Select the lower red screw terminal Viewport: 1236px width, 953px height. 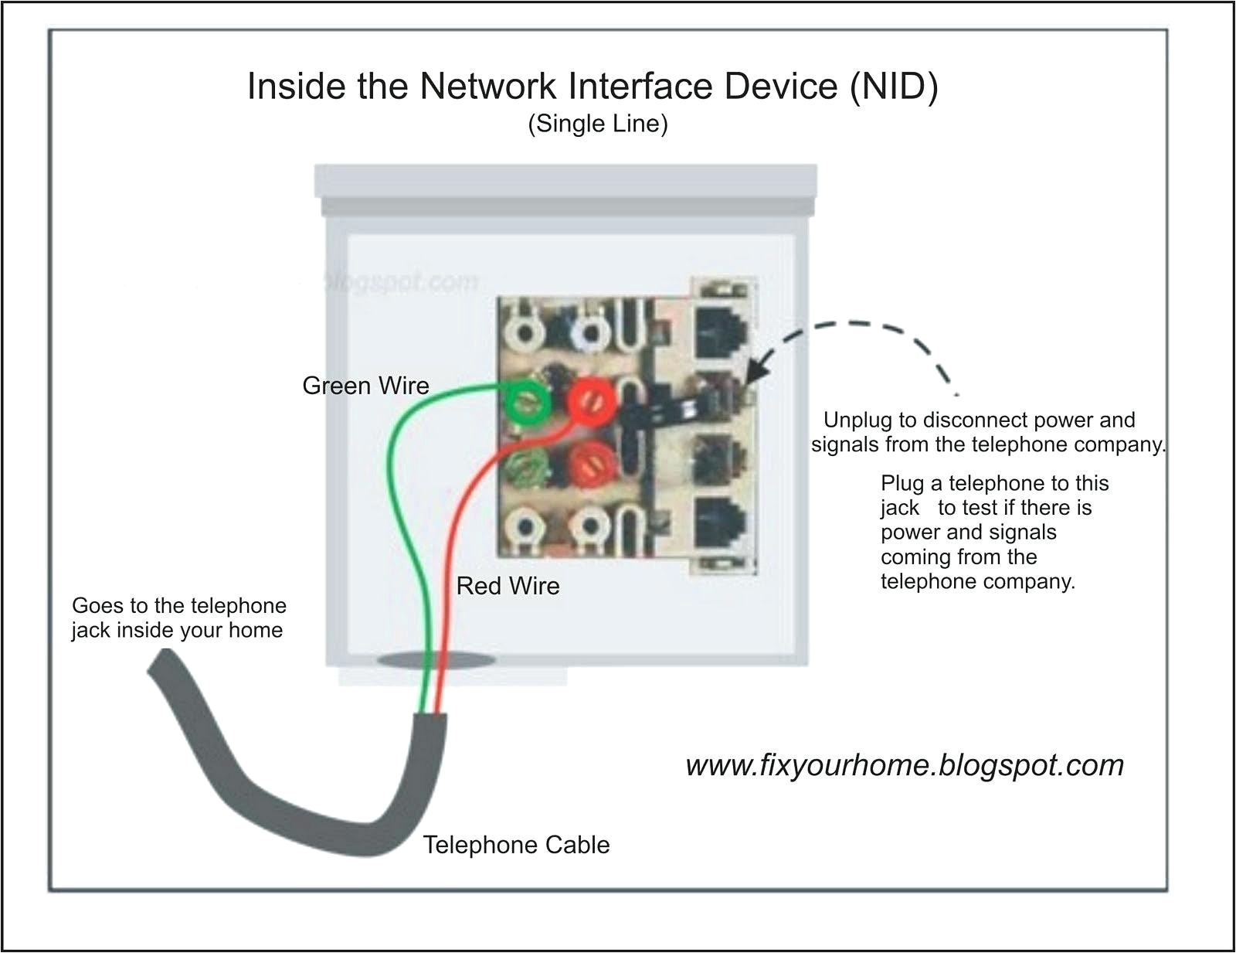[589, 466]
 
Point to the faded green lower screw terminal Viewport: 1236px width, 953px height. [525, 467]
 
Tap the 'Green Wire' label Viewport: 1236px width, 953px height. [365, 386]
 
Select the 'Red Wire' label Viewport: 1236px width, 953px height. [508, 586]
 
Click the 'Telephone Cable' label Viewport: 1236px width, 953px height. [516, 845]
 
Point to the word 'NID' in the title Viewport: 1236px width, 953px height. [895, 87]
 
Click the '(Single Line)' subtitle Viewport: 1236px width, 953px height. [597, 124]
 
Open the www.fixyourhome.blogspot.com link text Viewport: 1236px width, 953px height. [905, 765]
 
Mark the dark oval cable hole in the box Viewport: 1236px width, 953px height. [436, 661]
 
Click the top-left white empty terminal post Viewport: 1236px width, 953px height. [526, 333]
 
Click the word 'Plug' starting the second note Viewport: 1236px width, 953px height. [902, 484]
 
